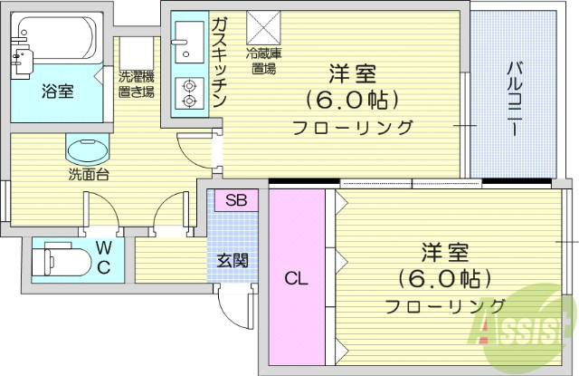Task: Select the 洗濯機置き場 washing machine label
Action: coord(136,84)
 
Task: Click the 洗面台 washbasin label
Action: coord(88,174)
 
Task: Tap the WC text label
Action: coord(105,258)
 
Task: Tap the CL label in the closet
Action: coord(297,279)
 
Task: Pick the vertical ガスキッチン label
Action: coord(219,63)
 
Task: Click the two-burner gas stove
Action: coord(191,94)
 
